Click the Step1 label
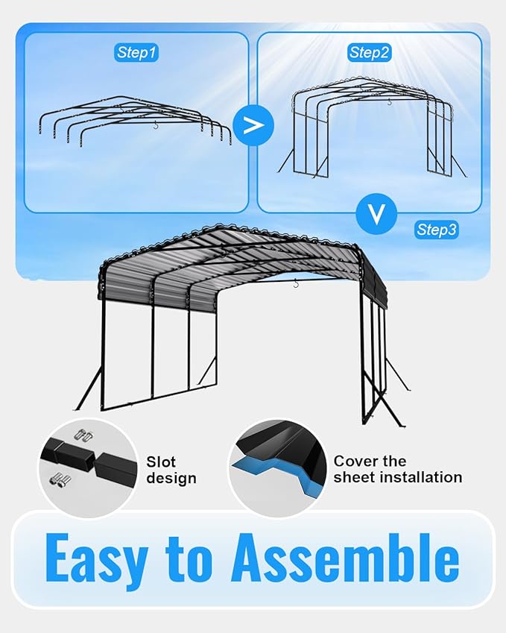point(137,52)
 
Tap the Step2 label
point(370,52)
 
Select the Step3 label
point(437,230)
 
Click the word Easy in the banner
point(94,558)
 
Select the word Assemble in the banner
point(344,558)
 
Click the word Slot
point(161,462)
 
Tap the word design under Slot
point(171,478)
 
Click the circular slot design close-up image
point(88,468)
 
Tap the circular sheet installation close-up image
point(277,468)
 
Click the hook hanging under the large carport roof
point(296,283)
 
